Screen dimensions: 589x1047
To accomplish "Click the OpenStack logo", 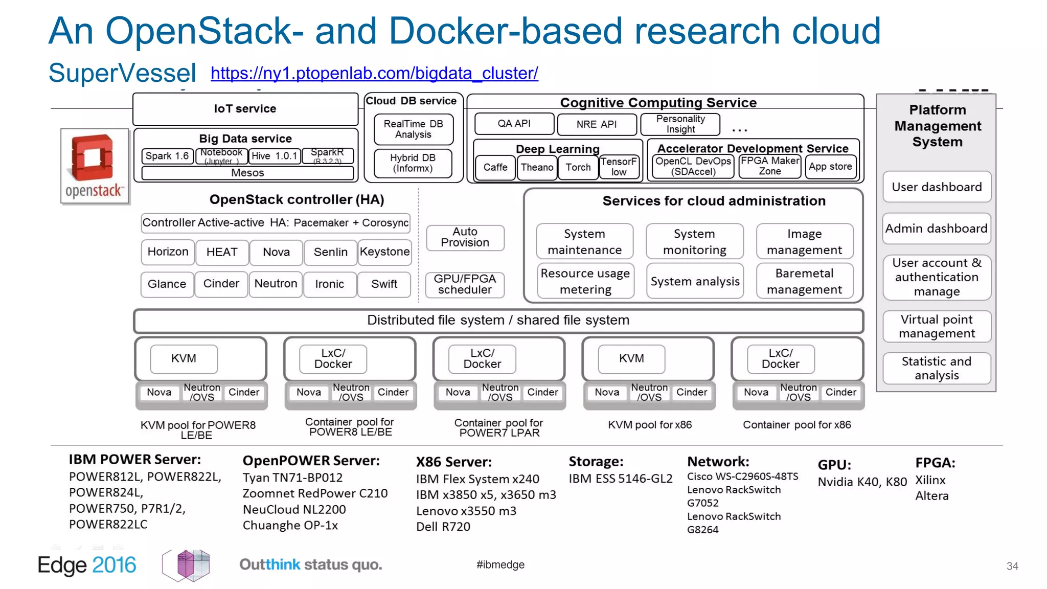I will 95,166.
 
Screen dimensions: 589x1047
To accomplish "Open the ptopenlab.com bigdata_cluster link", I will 374,73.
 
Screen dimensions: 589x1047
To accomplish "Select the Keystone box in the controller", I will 384,252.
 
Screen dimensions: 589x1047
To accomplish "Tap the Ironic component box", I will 330,284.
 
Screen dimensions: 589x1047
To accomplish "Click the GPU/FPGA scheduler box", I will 465,284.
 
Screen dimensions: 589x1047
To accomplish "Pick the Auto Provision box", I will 465,238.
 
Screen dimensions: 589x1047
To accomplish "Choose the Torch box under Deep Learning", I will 578,168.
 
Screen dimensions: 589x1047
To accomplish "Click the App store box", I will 830,167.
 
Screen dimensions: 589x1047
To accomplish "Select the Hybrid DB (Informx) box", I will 413,163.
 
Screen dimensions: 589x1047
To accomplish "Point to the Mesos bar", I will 247,173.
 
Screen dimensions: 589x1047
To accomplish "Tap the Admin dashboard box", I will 936,229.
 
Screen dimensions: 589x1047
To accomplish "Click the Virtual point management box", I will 936,326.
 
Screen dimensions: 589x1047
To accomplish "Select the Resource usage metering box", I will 585,281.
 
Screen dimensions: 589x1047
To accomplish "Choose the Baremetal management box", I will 804,281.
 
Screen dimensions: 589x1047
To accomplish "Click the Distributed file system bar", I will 498,321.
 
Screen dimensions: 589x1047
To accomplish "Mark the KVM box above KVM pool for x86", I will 631,359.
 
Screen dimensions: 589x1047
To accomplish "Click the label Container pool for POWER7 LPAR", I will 499,427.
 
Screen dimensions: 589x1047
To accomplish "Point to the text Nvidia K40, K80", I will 862,482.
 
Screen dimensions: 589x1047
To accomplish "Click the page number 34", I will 1012,567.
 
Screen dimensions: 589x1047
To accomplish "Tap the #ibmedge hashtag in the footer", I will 500,565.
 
